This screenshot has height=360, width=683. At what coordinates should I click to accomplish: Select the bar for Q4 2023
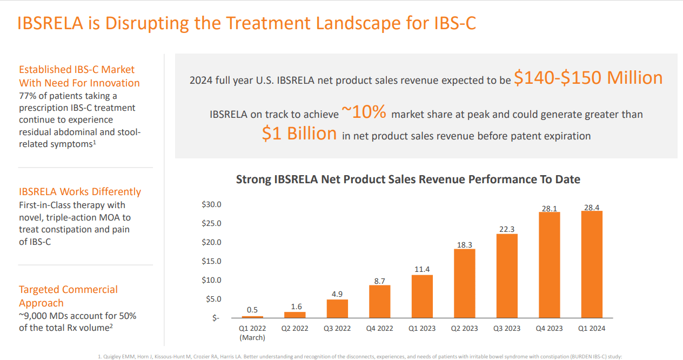tap(549, 265)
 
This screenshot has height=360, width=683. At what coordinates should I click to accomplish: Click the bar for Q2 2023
tap(464, 283)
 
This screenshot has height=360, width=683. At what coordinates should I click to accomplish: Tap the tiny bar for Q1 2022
tap(252, 317)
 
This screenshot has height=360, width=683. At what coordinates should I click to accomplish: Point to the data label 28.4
tap(592, 208)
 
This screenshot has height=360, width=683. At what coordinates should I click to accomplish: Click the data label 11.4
tap(422, 269)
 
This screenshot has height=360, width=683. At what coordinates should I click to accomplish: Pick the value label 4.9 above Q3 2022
tap(337, 294)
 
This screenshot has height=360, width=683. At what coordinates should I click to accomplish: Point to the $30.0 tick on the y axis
tap(211, 205)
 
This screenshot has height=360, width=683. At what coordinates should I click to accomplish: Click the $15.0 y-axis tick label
tap(211, 261)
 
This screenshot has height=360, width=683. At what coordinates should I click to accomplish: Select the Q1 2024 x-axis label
tap(592, 328)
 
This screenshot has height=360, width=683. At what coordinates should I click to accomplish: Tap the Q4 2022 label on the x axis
tap(380, 328)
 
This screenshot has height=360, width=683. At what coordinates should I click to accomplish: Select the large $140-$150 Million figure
tap(588, 78)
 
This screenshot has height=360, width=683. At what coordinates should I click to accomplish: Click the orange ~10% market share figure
tap(364, 112)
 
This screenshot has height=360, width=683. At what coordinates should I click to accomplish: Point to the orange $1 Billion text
tap(299, 134)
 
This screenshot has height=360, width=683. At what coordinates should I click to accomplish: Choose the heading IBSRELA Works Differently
tap(80, 192)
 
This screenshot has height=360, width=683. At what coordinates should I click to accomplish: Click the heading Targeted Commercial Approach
tap(68, 296)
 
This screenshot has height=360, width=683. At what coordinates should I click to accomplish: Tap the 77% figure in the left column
tap(28, 96)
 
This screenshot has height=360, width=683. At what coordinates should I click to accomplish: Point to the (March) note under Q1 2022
tap(252, 337)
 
